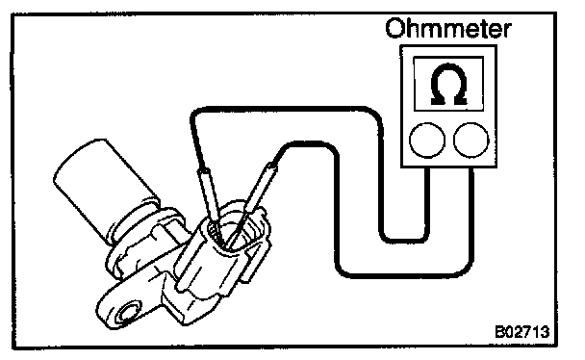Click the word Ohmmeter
tap(448, 29)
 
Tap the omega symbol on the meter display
tap(448, 85)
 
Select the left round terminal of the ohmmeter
tap(427, 141)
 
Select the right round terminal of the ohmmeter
tap(471, 141)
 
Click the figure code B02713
tap(521, 331)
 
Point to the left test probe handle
tap(210, 195)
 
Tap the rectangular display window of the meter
tap(448, 84)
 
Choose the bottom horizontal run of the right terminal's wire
tap(403, 275)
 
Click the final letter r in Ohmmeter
tap(506, 31)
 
